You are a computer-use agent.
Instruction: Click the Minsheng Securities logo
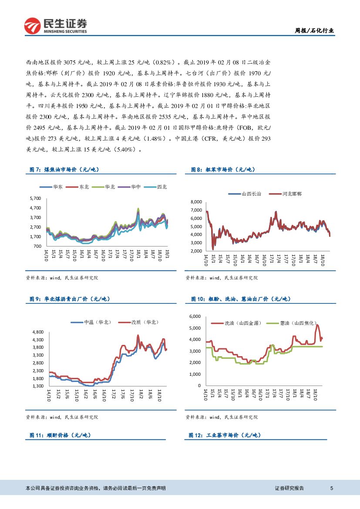[55, 26]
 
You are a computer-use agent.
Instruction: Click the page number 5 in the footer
[332, 488]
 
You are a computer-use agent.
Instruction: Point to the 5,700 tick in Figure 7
[35, 198]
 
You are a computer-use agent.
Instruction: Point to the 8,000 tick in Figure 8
[196, 202]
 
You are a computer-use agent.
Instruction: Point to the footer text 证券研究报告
[289, 488]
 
